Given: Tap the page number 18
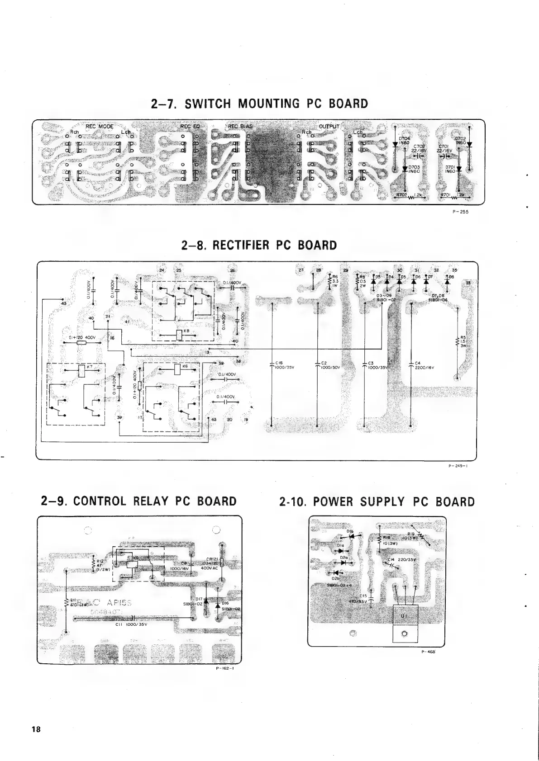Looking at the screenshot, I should click(36, 729).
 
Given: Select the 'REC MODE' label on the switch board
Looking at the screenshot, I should click(100, 126).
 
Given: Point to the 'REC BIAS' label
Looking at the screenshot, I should click(240, 126).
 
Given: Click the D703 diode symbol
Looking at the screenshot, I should click(404, 168).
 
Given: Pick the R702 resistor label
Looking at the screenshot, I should click(402, 195).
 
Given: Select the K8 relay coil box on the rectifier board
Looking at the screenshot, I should click(179, 335).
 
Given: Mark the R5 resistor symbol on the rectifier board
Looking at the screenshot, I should click(458, 342).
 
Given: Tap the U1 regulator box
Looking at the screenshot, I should click(403, 616).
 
